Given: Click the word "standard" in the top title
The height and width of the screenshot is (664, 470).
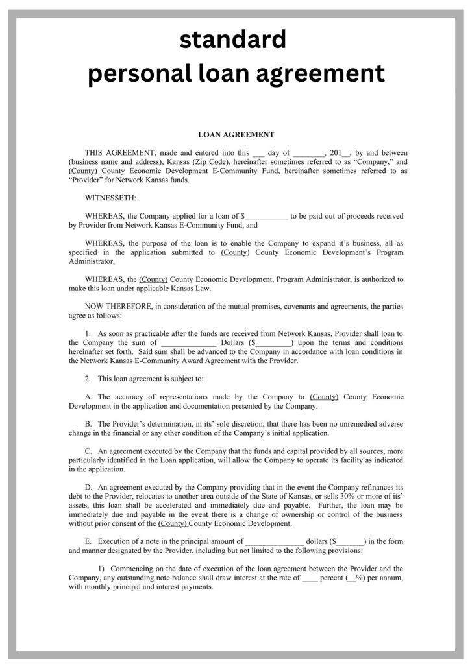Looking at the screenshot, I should point(232,40).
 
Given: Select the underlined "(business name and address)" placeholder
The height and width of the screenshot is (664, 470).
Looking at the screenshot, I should point(116,161).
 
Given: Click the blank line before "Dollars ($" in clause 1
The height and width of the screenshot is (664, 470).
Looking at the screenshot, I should point(188,343).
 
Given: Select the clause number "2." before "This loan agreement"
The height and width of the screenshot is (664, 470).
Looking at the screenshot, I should point(88,378).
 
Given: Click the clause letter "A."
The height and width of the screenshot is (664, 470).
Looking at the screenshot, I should point(89,397).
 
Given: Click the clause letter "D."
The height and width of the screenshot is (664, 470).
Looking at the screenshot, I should point(89,487).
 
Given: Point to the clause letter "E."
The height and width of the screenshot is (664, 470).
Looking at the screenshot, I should point(89,541).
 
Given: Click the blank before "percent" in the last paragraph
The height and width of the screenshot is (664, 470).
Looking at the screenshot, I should point(310,577).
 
